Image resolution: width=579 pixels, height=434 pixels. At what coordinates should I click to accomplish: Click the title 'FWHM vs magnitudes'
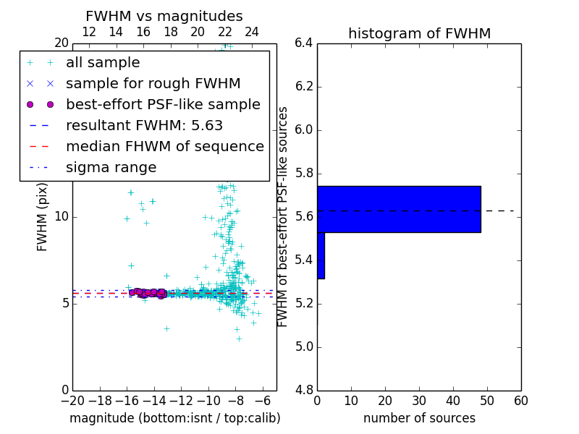point(164,16)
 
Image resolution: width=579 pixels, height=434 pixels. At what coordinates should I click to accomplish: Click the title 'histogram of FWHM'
point(419,33)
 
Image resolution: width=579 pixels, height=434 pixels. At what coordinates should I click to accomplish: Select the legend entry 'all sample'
point(103,63)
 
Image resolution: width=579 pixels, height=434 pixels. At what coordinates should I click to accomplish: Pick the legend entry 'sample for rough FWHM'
point(153,83)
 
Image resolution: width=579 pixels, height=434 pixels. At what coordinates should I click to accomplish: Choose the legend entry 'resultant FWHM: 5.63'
point(144,125)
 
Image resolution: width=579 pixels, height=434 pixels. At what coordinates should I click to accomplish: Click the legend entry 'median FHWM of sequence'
point(164,146)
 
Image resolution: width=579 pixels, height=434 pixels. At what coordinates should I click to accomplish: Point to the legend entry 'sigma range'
point(111,167)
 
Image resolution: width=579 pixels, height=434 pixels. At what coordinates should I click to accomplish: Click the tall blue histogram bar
point(399,209)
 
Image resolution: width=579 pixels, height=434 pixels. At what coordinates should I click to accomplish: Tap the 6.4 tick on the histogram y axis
point(303,43)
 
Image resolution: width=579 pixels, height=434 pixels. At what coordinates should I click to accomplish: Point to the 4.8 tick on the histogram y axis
point(303,390)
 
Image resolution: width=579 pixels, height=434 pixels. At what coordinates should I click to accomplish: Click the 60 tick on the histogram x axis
point(520,401)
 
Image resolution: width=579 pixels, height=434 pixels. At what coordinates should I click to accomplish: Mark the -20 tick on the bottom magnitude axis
point(72,401)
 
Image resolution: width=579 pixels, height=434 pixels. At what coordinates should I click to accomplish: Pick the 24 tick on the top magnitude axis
point(252,32)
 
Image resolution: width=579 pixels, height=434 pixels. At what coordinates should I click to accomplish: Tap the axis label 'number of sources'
point(419,418)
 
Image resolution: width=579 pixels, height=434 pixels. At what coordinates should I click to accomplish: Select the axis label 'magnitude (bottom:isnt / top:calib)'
point(174,418)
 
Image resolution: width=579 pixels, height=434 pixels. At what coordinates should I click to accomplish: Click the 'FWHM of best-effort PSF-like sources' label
point(283,216)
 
